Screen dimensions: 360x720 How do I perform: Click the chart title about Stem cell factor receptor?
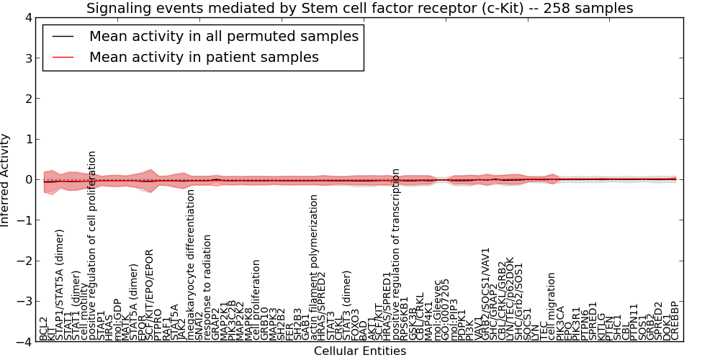pos(360,8)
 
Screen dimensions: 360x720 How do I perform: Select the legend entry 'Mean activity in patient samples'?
pos(204,57)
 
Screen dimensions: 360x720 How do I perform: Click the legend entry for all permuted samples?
pos(223,36)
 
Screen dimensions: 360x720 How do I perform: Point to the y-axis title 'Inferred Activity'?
pos(6,180)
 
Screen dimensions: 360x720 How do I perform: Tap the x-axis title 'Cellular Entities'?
pos(360,351)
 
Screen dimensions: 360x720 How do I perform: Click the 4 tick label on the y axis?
pos(28,17)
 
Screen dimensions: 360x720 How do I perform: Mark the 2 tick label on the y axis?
pos(28,99)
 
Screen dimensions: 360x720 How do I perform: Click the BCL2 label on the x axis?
pos(44,328)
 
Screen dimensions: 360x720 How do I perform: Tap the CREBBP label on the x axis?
pos(675,321)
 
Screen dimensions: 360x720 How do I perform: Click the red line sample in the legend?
pos(62,57)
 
